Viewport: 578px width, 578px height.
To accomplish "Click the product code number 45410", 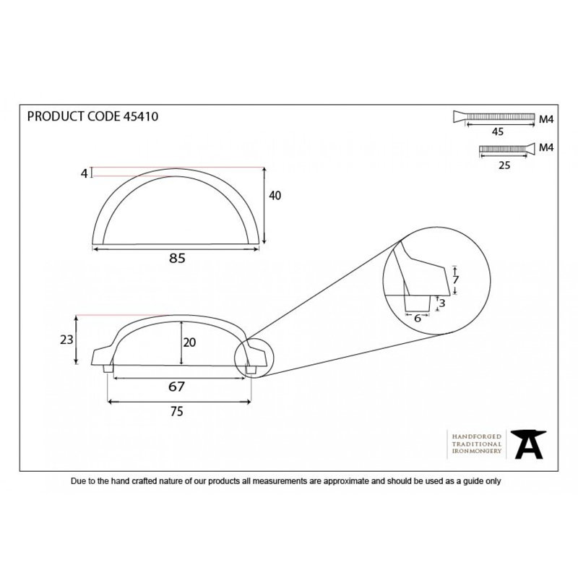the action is point(140,116).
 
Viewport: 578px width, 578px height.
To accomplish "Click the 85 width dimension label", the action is point(177,258).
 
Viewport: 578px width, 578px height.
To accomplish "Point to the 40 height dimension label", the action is point(275,195).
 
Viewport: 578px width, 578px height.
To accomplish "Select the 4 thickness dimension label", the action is point(85,173).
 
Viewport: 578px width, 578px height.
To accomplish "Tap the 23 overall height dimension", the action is point(66,340).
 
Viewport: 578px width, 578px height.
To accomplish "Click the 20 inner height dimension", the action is point(189,342).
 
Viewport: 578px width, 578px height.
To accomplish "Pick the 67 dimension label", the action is point(176,387).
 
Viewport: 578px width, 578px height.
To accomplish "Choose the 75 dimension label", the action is point(176,411).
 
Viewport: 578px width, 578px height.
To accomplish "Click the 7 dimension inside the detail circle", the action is point(456,280).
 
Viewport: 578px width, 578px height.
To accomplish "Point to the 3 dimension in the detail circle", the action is point(442,303).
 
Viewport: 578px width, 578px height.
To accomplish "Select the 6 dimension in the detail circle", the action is point(418,318).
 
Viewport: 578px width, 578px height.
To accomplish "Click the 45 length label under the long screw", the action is point(498,131).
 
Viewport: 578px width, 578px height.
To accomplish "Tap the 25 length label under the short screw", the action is point(504,165).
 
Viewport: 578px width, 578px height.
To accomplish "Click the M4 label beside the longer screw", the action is point(546,119).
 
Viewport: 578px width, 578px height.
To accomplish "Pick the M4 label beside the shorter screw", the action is point(546,147).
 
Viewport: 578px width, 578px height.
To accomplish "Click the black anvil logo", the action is point(528,444).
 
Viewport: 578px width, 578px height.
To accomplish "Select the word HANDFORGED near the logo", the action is point(477,436).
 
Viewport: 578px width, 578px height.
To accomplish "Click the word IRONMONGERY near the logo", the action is point(477,451).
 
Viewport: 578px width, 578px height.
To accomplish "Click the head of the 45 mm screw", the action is point(460,116).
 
